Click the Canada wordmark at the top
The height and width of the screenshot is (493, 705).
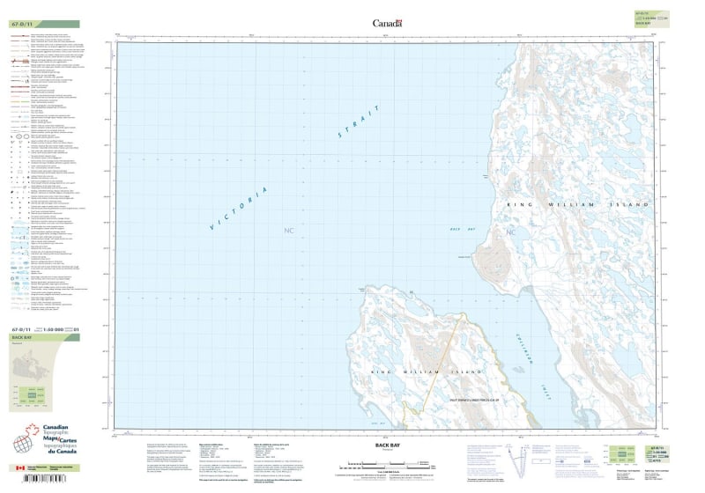click(387, 24)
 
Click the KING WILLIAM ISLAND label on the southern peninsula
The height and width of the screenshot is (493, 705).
click(418, 375)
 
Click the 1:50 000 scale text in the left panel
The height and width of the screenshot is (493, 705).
click(55, 329)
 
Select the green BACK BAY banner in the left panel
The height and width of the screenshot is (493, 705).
click(44, 337)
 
